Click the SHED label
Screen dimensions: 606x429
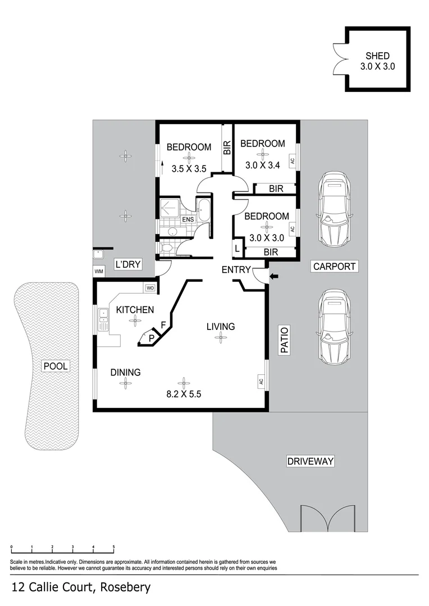(x=377, y=56)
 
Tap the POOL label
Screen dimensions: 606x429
(x=56, y=366)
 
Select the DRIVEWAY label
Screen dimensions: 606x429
(x=310, y=462)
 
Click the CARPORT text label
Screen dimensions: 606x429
(x=334, y=267)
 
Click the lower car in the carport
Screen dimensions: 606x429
(x=334, y=327)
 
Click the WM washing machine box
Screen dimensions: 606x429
(x=99, y=272)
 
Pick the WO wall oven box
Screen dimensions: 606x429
(x=150, y=288)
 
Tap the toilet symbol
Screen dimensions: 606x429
(x=167, y=247)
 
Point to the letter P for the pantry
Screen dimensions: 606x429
(x=150, y=338)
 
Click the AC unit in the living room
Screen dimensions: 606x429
(x=261, y=382)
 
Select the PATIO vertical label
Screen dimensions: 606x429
(x=284, y=341)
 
